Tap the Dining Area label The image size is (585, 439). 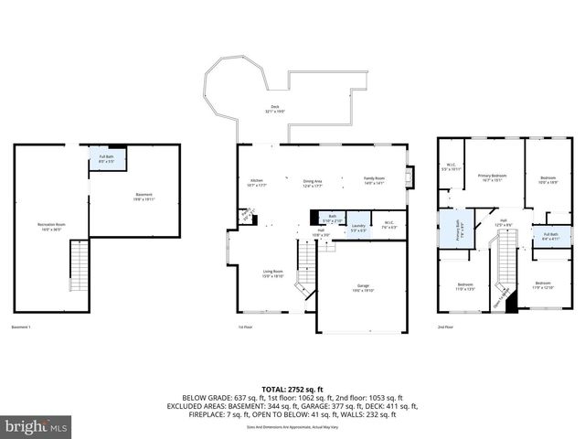pos(314,181)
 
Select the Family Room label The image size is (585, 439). pos(375,180)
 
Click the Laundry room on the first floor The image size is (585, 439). pos(359,228)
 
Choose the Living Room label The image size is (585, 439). pos(272,272)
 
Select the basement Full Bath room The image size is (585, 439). pos(107,159)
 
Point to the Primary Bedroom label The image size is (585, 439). pos(492,177)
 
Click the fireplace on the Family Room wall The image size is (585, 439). pos(410,175)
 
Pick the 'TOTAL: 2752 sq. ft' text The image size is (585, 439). pos(292,389)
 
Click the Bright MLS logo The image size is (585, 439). pos(37,426)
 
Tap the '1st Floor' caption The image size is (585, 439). pos(245,327)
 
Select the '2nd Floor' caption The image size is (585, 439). pos(446,327)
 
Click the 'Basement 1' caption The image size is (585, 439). pos(22,327)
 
